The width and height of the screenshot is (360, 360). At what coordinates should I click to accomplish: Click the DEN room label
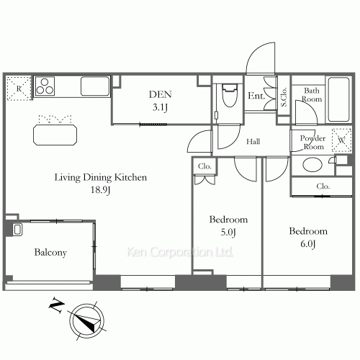[160, 94]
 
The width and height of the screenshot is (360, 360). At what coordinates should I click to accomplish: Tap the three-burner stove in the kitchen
[45, 86]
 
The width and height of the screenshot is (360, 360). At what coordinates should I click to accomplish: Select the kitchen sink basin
[95, 86]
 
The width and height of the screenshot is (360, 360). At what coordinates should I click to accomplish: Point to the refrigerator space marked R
[19, 89]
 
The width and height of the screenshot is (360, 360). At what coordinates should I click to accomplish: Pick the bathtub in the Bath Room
[338, 99]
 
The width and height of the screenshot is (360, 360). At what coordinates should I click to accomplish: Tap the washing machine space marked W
[341, 140]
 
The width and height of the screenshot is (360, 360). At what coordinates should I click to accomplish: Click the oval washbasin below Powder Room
[312, 165]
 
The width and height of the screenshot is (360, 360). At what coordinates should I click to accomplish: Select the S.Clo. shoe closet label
[284, 96]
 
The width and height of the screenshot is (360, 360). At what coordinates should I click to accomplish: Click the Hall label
[253, 142]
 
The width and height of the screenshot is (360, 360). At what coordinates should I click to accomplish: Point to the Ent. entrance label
[256, 96]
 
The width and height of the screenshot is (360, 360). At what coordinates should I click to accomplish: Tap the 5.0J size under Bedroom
[228, 232]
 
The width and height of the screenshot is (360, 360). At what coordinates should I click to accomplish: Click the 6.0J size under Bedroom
[308, 243]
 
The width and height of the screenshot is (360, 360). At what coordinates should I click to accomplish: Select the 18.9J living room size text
[100, 190]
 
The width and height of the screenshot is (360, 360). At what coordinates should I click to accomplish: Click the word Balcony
[50, 253]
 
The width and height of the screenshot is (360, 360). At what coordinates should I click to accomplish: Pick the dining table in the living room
[55, 135]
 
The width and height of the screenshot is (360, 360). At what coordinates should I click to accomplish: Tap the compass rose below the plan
[87, 320]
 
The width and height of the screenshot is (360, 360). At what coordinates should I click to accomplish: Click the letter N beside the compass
[57, 305]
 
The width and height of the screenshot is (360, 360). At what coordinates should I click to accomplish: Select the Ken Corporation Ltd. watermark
[180, 252]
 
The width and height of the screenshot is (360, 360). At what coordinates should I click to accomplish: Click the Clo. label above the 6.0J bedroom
[323, 186]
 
